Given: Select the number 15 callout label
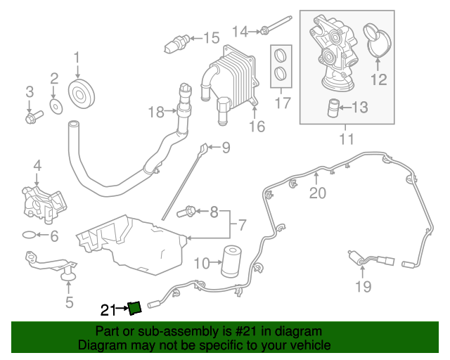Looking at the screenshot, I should [211, 38].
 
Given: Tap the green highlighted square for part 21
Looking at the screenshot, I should [134, 307].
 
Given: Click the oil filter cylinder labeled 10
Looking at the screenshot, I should [232, 262].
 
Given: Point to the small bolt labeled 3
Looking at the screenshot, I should [30, 117].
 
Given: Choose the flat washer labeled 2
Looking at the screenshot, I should [55, 106].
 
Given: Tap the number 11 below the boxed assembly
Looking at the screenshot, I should [346, 139].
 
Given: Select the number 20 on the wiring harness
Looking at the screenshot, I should [318, 191].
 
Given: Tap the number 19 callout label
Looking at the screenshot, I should [363, 285].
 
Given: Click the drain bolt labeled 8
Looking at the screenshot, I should [189, 210].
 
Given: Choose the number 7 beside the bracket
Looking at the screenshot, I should [242, 226].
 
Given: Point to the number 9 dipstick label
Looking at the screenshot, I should [226, 148].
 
